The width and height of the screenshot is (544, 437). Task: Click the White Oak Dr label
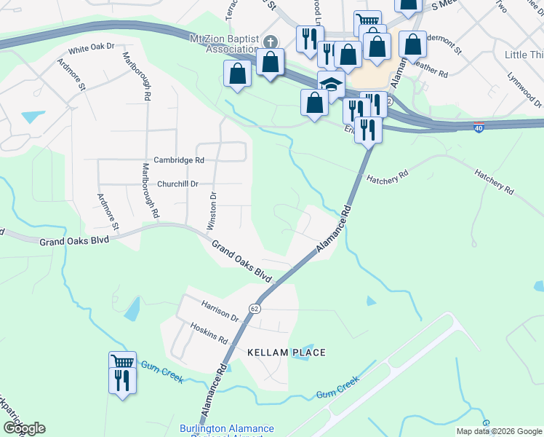pyautogui.click(x=92, y=47)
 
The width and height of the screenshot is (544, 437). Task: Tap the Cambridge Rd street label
pyautogui.click(x=178, y=160)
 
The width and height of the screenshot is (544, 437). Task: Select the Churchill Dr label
pyautogui.click(x=178, y=184)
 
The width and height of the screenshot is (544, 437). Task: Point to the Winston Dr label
pyautogui.click(x=212, y=211)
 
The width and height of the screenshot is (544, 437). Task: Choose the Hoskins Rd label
pyautogui.click(x=209, y=334)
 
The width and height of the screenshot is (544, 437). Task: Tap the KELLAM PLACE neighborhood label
pyautogui.click(x=286, y=353)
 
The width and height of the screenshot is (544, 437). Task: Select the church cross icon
pyautogui.click(x=271, y=42)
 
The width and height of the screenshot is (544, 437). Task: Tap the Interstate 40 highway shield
pyautogui.click(x=478, y=126)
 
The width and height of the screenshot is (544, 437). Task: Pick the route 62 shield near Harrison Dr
pyautogui.click(x=256, y=309)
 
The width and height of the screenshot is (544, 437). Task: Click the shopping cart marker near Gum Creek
pyautogui.click(x=122, y=362)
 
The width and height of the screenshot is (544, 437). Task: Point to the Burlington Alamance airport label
pyautogui.click(x=227, y=430)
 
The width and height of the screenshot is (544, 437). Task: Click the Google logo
pyautogui.click(x=24, y=428)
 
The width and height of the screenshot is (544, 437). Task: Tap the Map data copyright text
pyautogui.click(x=499, y=431)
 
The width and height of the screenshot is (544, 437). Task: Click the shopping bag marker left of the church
pyautogui.click(x=238, y=74)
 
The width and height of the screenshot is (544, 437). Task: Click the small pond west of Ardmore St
pyautogui.click(x=33, y=116)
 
